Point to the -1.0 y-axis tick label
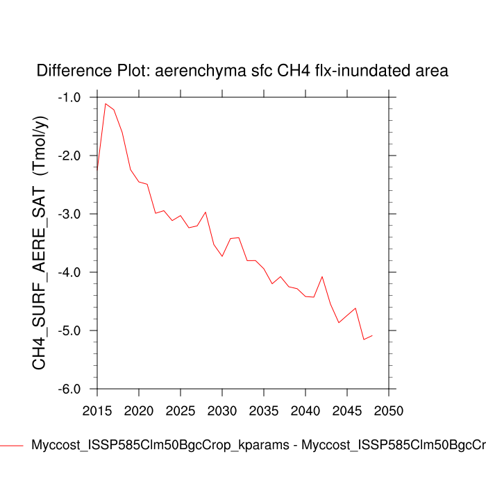(69, 97)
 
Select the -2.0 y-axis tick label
(69, 156)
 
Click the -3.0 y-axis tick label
(69, 214)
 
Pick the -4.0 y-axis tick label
(69, 272)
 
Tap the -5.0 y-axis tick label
(69, 330)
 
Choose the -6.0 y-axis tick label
(69, 389)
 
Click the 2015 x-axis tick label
(97, 404)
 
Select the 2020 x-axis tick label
(139, 404)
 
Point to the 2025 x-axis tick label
(181, 404)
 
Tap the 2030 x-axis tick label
(222, 404)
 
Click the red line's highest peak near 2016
(106, 103)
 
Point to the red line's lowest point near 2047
(364, 340)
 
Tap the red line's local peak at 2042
(322, 276)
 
